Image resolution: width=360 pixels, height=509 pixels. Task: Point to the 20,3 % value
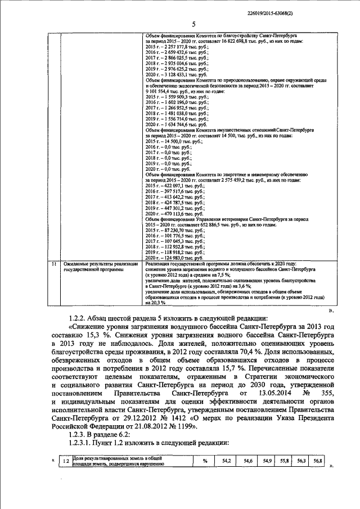coord(155,302)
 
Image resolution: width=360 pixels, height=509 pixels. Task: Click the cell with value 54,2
coord(227,462)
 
